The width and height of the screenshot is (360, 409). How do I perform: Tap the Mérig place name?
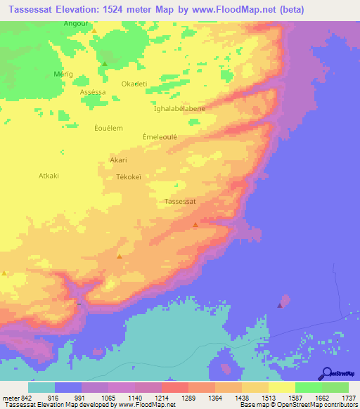coord(63,74)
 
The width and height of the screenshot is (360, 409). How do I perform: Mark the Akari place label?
coord(118,160)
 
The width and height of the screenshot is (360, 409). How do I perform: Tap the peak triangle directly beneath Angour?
coord(94,32)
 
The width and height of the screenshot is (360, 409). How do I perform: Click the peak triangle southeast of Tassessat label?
coord(195,225)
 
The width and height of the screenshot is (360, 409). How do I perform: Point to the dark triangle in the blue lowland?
coord(280,306)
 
